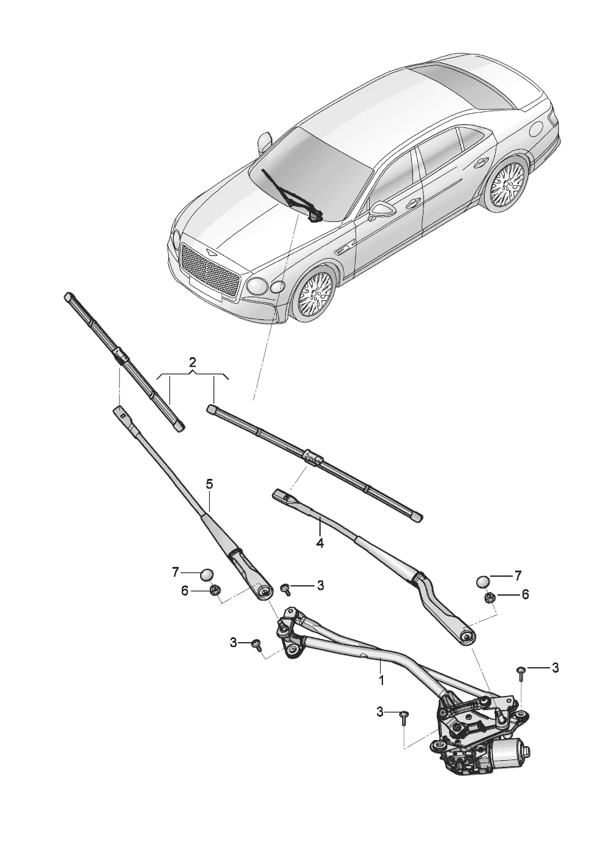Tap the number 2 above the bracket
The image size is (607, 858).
(192, 360)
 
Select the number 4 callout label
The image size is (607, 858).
(319, 542)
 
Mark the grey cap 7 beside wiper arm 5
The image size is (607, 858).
(207, 574)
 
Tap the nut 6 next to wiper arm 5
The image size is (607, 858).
(215, 590)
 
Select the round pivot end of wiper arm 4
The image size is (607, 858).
(466, 637)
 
